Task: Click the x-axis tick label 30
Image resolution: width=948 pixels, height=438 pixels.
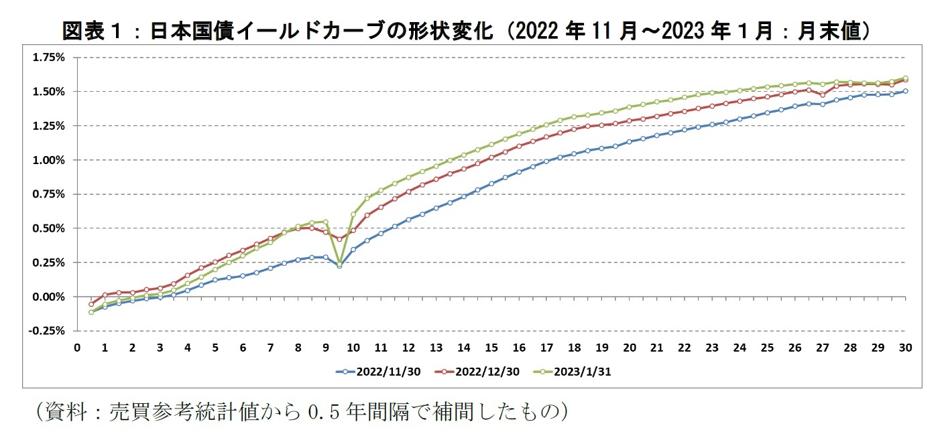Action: pos(905,347)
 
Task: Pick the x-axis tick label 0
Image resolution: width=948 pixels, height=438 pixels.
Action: pos(77,347)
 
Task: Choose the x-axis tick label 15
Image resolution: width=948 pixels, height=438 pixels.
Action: pos(491,347)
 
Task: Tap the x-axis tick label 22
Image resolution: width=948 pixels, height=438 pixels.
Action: pos(685,347)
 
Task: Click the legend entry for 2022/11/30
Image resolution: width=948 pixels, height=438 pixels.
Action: pos(379,372)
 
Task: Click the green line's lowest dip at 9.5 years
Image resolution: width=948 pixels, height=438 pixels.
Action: pos(339,265)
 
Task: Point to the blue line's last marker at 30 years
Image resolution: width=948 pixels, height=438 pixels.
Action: pos(905,91)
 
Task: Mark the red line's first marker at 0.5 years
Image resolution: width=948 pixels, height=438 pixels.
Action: pos(91,304)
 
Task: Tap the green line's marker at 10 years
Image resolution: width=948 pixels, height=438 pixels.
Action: pos(353,214)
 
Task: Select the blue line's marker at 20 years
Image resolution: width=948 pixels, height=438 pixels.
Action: pos(630,142)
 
